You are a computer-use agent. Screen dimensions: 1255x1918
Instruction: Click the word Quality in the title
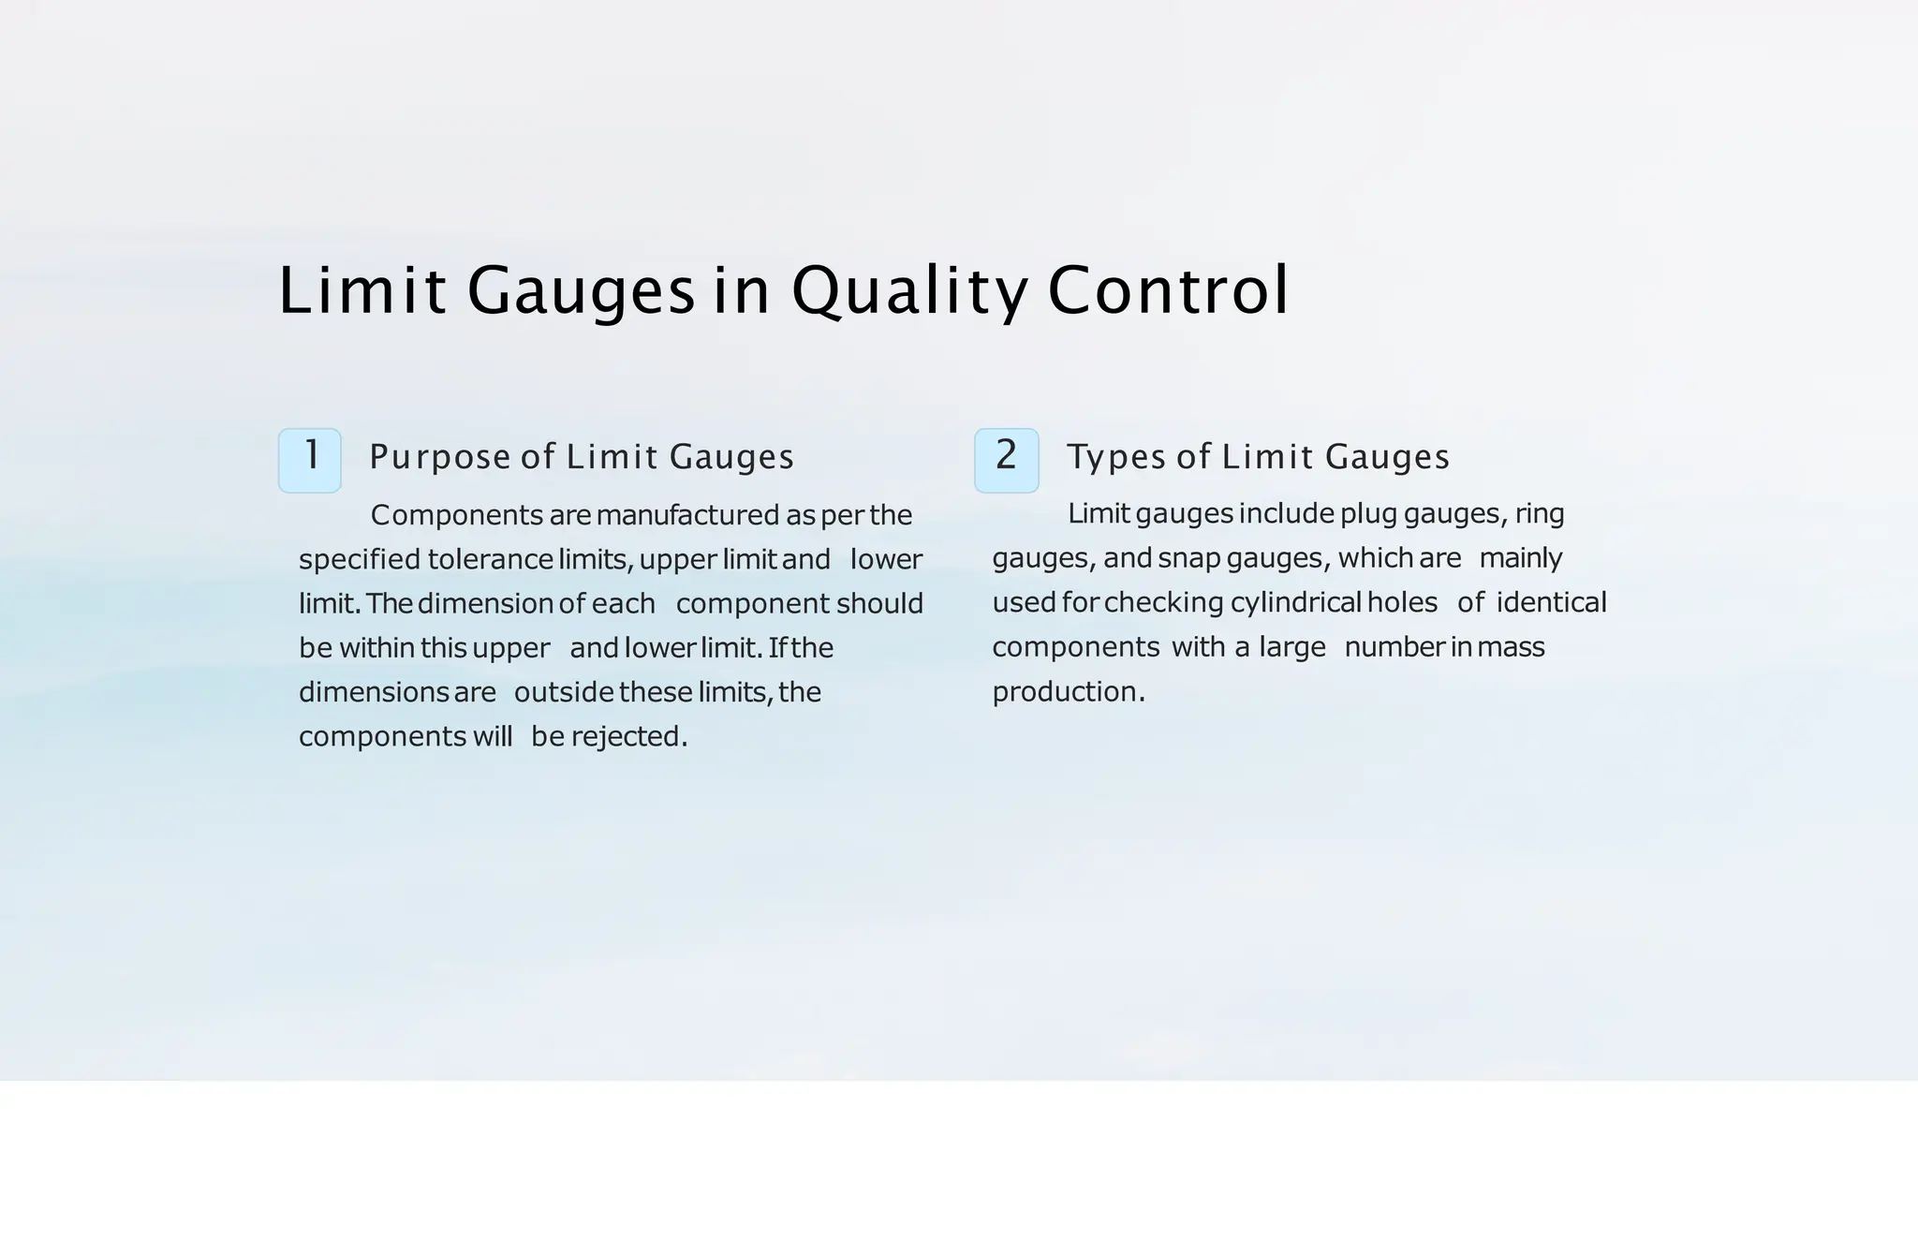[908, 290]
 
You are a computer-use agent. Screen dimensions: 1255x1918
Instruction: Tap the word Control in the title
[1168, 290]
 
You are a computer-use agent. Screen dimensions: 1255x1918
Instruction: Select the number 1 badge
[310, 460]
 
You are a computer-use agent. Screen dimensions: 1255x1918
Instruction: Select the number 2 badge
[1007, 460]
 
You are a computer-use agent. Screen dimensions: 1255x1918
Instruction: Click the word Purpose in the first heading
[440, 458]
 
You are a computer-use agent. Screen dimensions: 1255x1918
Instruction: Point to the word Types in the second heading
[1118, 458]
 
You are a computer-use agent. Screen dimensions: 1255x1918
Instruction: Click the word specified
[360, 560]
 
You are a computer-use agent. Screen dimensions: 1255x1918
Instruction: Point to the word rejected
[626, 737]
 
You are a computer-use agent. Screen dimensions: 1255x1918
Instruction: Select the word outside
[564, 693]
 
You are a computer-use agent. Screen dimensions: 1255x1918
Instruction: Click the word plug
[1368, 514]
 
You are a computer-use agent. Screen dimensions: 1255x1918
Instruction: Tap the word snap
[1188, 558]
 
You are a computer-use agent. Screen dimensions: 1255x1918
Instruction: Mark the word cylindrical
[1294, 602]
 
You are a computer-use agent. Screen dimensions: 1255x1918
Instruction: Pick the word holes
[1402, 602]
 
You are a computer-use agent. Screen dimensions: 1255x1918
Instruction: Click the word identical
[1551, 602]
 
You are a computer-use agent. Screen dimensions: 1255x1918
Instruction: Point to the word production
[1065, 692]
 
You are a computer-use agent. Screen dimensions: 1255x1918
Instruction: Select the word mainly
[1521, 558]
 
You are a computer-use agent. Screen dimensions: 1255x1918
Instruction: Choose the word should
[879, 604]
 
